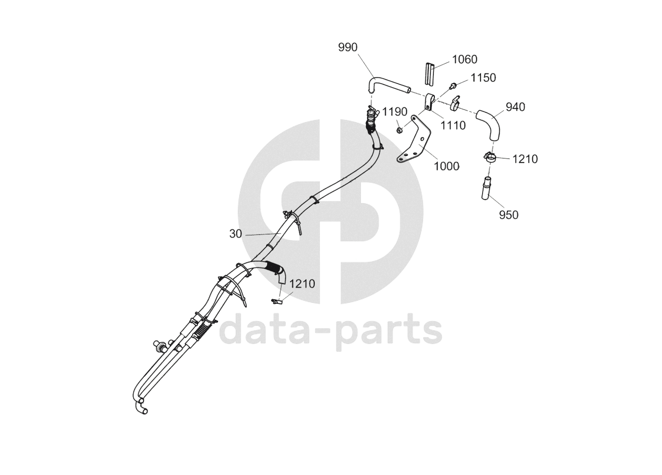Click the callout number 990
[348, 47]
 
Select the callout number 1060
[464, 60]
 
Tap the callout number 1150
[483, 78]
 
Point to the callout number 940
[515, 107]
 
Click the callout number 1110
[453, 125]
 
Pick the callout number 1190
[394, 112]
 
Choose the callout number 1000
[446, 166]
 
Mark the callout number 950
[508, 215]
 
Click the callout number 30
[235, 233]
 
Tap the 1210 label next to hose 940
[525, 159]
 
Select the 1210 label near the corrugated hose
[302, 284]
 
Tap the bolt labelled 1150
[453, 86]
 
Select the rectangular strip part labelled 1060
[430, 73]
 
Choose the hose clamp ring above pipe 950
[489, 157]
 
